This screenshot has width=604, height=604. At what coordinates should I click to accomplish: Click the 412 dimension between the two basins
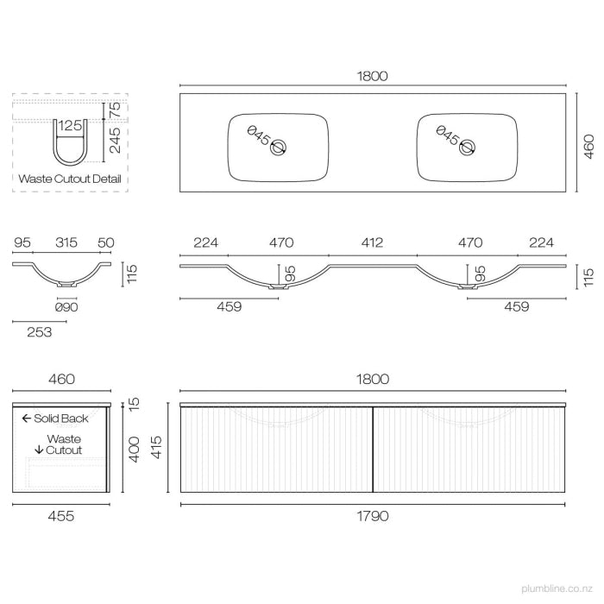(x=372, y=243)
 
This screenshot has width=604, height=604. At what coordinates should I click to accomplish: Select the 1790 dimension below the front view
(x=373, y=516)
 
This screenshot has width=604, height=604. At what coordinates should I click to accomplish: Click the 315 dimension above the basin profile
(x=63, y=243)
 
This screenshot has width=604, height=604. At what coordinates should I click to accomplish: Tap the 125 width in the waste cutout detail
(x=70, y=126)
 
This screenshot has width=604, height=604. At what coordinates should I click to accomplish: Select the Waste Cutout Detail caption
(x=70, y=179)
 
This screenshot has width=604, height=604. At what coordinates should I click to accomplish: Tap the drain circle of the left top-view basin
(x=278, y=148)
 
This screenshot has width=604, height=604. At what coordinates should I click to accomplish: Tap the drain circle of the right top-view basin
(x=467, y=148)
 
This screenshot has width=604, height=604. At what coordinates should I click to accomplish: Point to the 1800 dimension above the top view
(x=373, y=76)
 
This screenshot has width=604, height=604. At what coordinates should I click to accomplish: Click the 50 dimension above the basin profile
(x=107, y=243)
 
